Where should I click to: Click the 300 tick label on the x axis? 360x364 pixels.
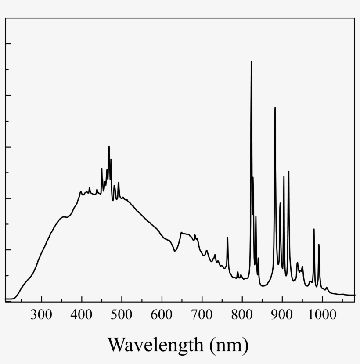(x=42, y=315)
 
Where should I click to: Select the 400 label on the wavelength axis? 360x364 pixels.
(x=82, y=315)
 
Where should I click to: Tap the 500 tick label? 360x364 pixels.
(x=122, y=315)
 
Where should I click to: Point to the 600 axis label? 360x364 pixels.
(x=162, y=315)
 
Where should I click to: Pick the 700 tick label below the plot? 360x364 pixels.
(x=202, y=315)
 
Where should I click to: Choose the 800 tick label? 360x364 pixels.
(x=242, y=315)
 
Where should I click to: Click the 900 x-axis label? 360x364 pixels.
(x=282, y=315)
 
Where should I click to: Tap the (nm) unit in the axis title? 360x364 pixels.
(x=228, y=345)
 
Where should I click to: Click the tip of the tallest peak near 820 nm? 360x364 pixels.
(x=251, y=62)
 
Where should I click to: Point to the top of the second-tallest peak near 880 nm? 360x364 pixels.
(x=275, y=108)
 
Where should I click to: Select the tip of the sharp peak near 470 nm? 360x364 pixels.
(x=109, y=147)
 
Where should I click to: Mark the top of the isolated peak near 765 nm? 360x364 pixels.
(x=227, y=238)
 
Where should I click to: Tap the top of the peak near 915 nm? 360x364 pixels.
(x=288, y=172)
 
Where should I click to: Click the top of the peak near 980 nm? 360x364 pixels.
(x=314, y=229)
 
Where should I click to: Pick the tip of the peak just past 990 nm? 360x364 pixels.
(x=319, y=245)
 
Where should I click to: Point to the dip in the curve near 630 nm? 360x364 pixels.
(x=175, y=251)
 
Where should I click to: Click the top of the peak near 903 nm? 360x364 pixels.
(x=284, y=177)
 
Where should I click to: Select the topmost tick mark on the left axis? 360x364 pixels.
(x=7, y=43)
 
